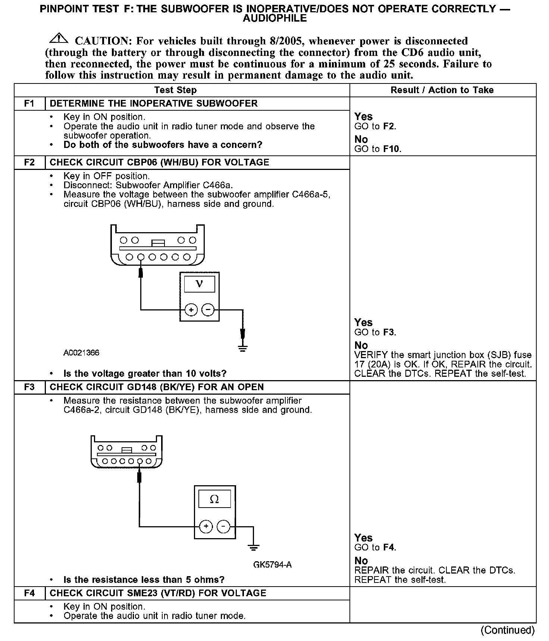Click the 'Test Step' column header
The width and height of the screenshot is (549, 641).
175,90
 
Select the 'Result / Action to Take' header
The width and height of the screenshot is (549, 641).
442,90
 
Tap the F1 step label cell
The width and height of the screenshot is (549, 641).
29,103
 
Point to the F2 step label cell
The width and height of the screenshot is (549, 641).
29,162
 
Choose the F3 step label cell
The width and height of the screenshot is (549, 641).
29,387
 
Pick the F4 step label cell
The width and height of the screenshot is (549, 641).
29,593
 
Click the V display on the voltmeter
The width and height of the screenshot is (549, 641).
200,284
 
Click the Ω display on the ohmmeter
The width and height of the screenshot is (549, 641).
214,499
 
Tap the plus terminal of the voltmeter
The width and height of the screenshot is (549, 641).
191,310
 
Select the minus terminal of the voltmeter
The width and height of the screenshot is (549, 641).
208,310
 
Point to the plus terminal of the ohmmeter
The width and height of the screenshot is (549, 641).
206,526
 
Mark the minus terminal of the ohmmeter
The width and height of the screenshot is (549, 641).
223,526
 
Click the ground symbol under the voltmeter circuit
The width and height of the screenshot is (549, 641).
243,348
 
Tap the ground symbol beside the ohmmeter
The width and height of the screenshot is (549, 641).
254,547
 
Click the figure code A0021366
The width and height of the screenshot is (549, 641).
81,353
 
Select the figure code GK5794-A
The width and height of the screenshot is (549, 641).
272,565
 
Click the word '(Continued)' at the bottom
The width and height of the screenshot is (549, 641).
508,630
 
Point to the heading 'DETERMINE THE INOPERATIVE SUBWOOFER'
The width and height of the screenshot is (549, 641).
154,103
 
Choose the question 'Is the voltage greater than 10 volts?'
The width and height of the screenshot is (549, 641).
145,373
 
